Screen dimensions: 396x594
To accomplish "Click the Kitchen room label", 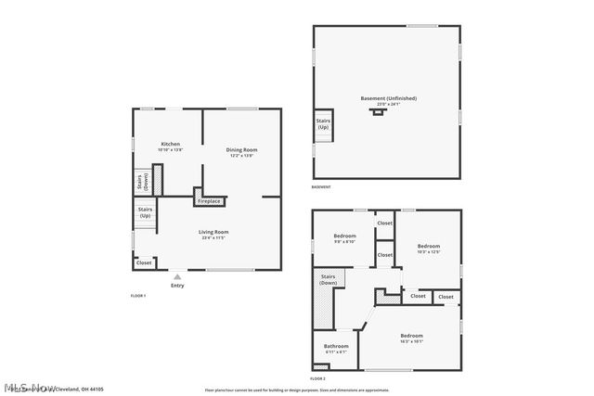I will point(171,145).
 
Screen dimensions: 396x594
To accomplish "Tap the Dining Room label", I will point(242,150).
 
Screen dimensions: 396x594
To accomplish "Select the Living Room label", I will point(213,232).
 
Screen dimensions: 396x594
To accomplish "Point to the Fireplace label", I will point(209,200).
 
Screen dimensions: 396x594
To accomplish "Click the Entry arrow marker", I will point(177,275).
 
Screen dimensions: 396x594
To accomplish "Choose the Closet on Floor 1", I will point(144,262).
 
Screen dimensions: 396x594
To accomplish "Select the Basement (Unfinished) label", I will point(388,98).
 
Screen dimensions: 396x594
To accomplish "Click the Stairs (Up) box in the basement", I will point(323,123).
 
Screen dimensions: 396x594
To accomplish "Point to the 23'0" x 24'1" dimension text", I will point(388,105).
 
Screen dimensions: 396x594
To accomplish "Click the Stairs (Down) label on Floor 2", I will point(328,279).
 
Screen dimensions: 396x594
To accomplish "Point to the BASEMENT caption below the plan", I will point(321,188).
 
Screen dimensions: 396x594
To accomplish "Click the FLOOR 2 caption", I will point(317,378).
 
